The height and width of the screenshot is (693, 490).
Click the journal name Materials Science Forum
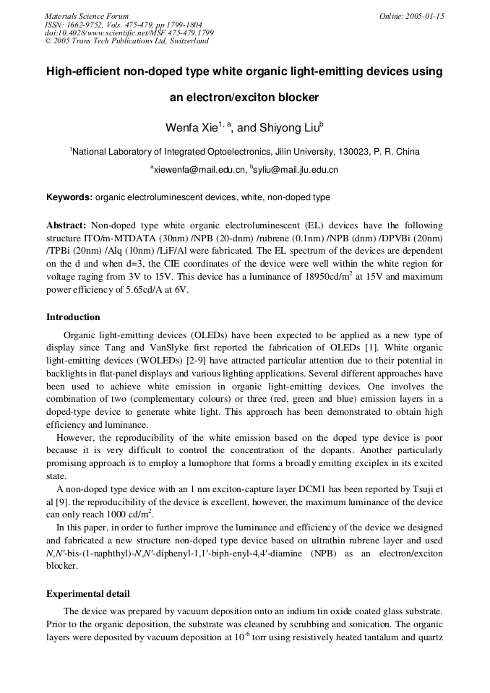87,16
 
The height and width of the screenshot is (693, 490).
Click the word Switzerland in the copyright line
189,41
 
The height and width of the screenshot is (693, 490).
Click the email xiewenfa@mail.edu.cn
197,170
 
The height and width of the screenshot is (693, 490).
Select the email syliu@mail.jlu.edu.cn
296,170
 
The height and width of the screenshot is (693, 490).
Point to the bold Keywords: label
69,197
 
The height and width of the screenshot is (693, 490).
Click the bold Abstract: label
66,225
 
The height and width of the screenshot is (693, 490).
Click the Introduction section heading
73,317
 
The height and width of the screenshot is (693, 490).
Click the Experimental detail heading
88,594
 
